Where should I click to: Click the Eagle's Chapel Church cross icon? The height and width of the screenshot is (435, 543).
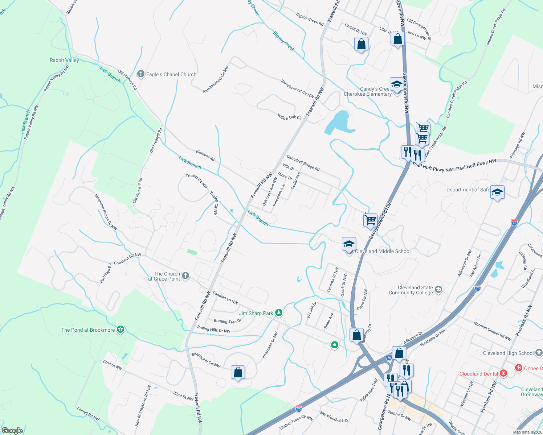(141, 74)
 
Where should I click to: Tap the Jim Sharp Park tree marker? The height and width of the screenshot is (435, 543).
(278, 312)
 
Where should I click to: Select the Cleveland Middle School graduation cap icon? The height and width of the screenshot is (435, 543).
(349, 244)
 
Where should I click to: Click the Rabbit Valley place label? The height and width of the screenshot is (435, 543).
(64, 60)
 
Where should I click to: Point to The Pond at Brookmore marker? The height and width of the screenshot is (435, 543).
(121, 330)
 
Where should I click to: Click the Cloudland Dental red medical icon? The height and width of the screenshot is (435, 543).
(503, 373)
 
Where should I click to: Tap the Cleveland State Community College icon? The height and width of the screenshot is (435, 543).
(438, 289)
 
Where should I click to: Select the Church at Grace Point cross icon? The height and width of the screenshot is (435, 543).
(185, 276)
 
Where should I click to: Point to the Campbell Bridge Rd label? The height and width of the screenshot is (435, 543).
(303, 163)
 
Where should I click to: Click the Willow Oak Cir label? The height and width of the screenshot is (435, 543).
(290, 117)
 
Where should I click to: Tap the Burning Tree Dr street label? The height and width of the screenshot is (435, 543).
(228, 321)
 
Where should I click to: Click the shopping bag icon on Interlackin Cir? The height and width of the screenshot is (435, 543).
(238, 372)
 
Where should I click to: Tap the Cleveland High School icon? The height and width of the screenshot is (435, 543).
(539, 352)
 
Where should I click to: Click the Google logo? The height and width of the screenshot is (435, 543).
(12, 430)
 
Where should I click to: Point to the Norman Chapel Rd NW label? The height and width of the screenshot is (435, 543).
(492, 331)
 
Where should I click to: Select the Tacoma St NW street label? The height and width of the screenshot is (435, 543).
(332, 280)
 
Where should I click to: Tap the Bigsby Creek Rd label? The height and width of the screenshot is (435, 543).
(310, 19)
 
